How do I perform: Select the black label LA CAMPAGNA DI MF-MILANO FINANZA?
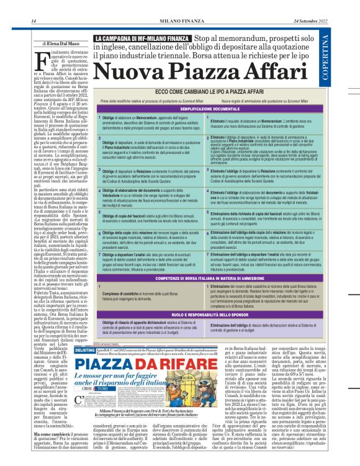pyautogui.click(x=142, y=39)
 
